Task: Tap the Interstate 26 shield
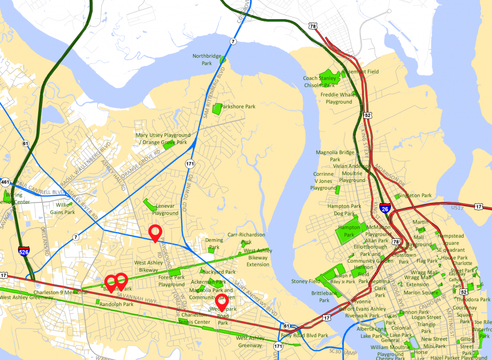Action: click(386, 208)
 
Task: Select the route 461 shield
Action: click(5, 182)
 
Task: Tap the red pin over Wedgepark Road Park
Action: click(221, 302)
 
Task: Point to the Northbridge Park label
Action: click(206, 59)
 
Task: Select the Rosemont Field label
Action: click(361, 72)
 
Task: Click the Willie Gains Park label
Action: click(63, 208)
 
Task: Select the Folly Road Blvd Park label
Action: click(311, 335)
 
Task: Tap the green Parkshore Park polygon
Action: click(217, 109)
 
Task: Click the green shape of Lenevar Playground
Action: click(150, 204)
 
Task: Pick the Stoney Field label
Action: click(306, 282)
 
